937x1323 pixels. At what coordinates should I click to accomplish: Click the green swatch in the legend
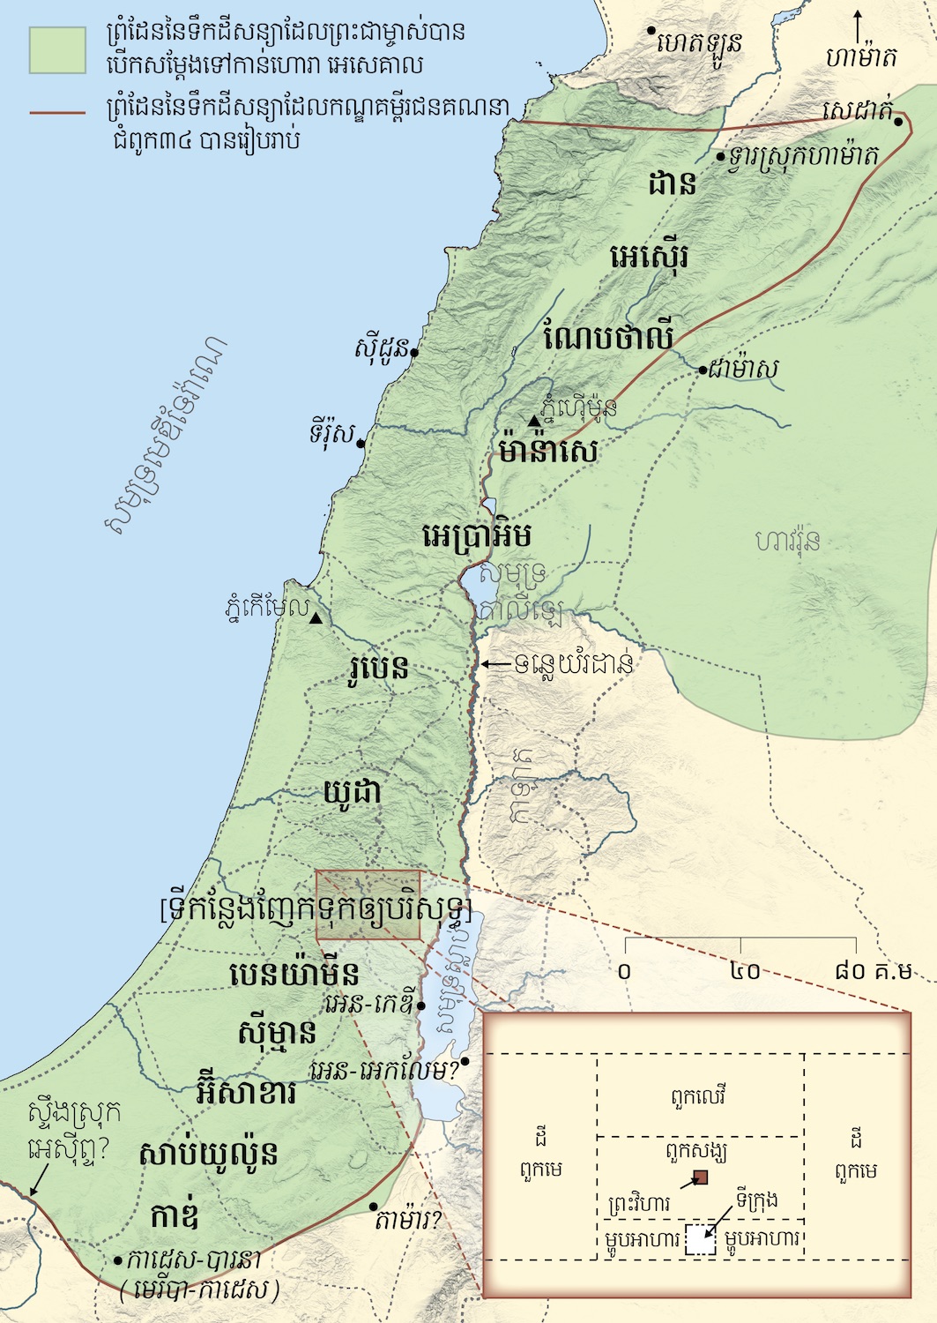tap(57, 49)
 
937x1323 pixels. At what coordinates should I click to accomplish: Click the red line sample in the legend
tap(57, 113)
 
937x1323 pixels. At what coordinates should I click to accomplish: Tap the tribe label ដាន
tap(673, 183)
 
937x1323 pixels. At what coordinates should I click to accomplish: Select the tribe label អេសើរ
tap(650, 258)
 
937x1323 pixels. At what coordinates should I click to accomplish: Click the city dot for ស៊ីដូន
tap(414, 351)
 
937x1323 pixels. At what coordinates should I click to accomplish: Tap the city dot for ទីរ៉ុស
tap(361, 444)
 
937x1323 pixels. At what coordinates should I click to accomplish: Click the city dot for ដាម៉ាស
tap(703, 370)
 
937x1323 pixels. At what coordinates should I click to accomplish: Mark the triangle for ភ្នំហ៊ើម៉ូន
tap(532, 422)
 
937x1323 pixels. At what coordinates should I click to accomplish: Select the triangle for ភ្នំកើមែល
tap(316, 618)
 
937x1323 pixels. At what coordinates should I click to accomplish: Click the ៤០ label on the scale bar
tap(746, 971)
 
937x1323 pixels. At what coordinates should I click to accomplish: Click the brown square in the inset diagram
tap(701, 1177)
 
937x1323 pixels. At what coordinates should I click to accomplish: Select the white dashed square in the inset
tap(701, 1239)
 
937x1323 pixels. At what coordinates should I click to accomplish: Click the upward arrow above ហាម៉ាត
tap(859, 25)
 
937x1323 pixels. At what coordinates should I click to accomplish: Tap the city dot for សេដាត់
tap(897, 122)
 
